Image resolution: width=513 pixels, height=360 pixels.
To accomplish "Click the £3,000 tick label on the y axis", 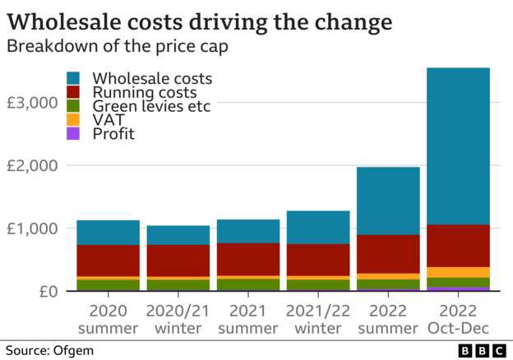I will [32, 103].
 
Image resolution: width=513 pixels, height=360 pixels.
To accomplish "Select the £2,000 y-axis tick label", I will [32, 166].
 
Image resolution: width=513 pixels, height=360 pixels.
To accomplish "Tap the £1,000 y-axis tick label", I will [32, 228].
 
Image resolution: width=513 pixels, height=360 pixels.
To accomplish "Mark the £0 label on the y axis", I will [43, 292].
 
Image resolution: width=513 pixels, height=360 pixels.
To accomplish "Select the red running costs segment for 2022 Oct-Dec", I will [459, 245].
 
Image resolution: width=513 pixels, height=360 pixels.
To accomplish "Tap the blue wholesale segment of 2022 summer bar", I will [388, 201].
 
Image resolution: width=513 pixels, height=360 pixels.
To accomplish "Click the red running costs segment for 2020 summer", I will [108, 261].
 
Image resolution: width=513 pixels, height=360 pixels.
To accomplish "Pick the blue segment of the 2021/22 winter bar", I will [318, 227].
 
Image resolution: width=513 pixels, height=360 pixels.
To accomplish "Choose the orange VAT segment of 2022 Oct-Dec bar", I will [459, 272].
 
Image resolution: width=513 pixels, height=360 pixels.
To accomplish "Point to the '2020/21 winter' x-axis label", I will [178, 321].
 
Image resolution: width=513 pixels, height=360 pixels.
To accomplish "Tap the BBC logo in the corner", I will [483, 351].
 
